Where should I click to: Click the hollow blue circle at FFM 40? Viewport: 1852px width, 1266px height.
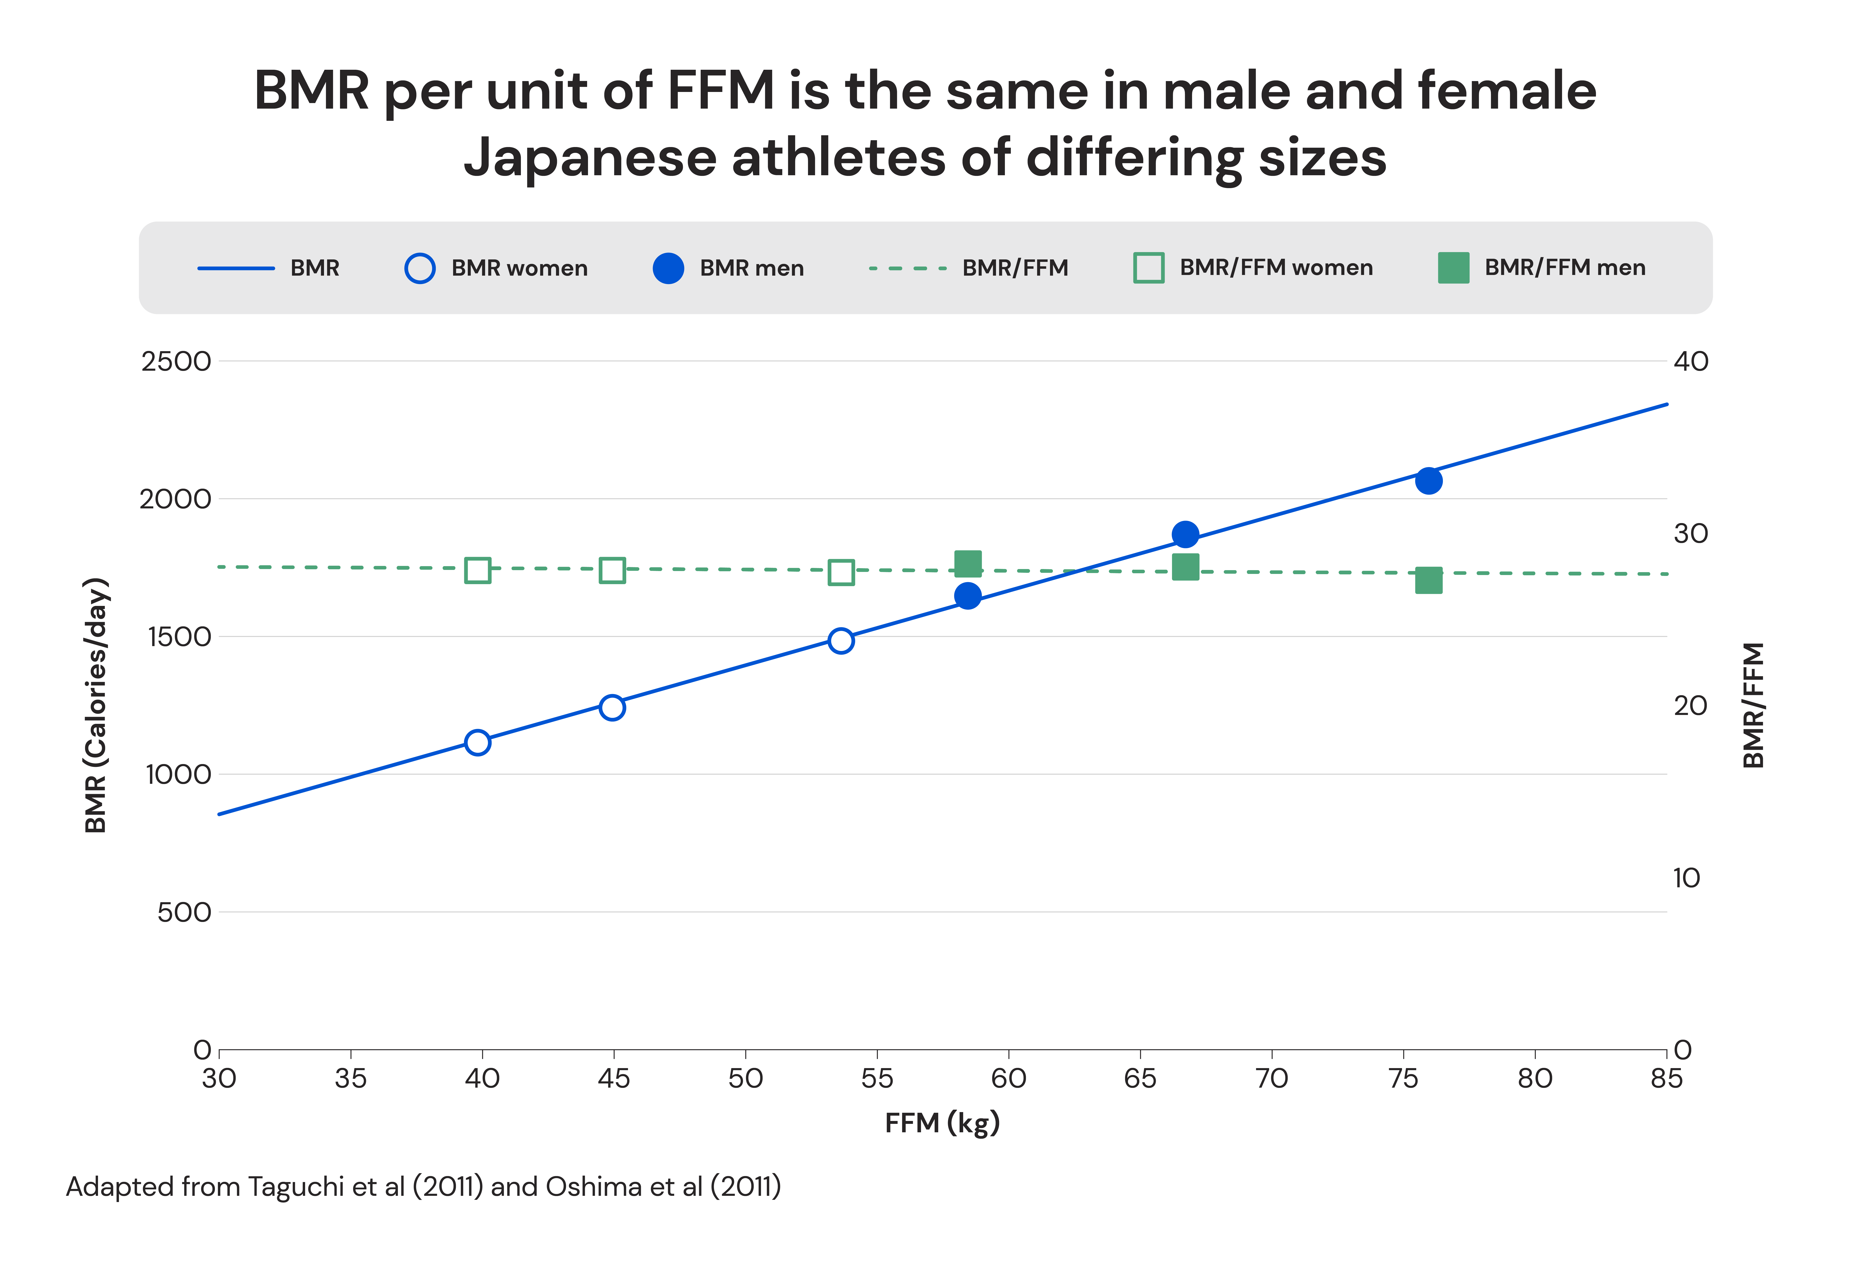pos(477,742)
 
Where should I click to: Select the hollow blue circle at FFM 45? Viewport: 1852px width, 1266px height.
pos(612,707)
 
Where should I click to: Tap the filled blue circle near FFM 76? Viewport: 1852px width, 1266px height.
pos(1429,480)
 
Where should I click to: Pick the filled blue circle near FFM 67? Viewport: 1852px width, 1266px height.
pos(1185,535)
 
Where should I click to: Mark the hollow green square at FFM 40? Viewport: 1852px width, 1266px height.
pos(477,570)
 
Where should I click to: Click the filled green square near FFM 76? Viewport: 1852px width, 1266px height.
pos(1429,581)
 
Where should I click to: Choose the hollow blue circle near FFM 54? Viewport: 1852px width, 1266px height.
pos(841,641)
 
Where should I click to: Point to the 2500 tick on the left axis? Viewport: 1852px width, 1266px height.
pos(176,362)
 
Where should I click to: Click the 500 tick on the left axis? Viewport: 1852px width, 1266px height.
pos(184,912)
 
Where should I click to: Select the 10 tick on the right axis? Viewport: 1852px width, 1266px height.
pos(1686,878)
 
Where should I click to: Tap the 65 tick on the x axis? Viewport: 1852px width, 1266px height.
pos(1140,1079)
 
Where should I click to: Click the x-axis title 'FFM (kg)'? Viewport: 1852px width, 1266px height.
pos(942,1123)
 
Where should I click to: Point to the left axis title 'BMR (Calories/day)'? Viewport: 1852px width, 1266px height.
pos(96,705)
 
